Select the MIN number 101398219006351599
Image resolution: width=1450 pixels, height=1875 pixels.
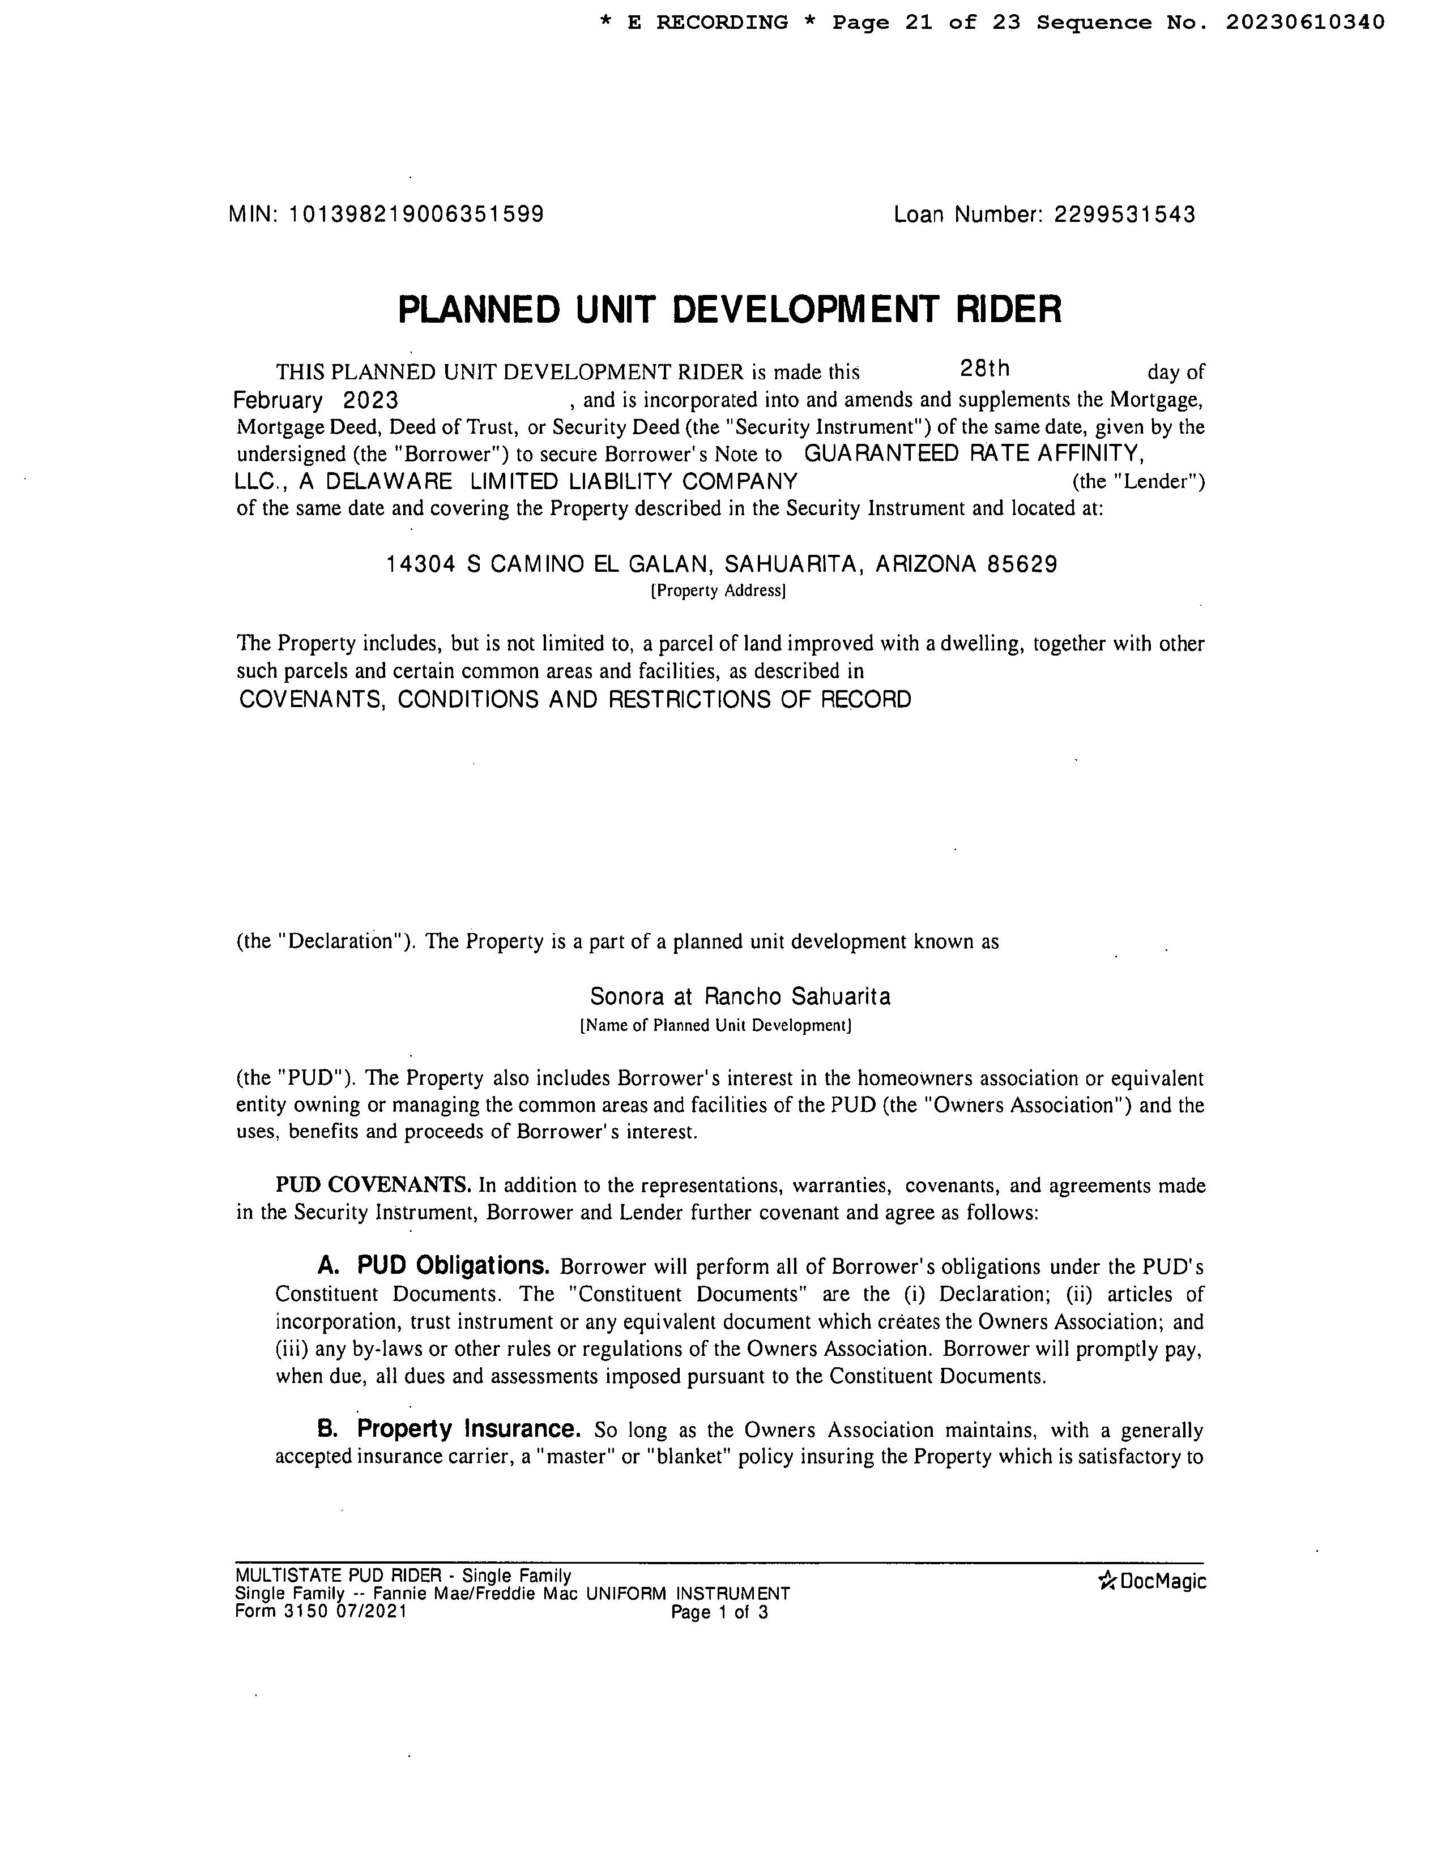coord(417,214)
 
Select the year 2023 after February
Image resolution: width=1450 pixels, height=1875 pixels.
coord(370,400)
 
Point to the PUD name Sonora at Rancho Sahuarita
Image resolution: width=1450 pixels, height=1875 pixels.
coord(740,997)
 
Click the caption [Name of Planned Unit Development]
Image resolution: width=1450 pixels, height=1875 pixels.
coord(715,1025)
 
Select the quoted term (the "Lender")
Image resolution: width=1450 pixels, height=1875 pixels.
coord(1138,482)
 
